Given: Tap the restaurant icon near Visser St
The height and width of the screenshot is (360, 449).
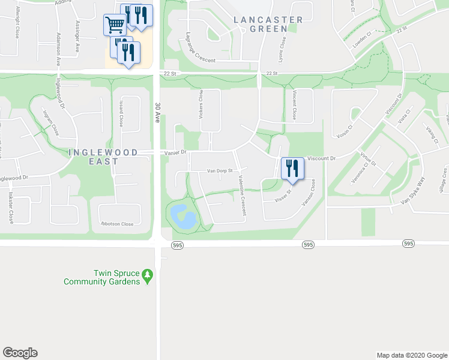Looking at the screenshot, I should click(x=291, y=168).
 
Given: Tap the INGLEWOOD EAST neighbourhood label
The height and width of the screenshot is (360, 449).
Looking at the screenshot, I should click(x=103, y=157).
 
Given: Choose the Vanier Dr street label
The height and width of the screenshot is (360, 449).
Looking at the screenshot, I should click(x=175, y=152).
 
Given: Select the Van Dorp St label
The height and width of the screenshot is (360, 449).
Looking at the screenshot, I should click(x=219, y=171).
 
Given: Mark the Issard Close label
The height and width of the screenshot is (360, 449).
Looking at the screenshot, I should click(x=121, y=113).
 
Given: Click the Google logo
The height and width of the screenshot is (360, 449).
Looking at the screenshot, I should click(x=20, y=353).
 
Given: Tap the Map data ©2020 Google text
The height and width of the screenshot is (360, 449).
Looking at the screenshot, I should click(x=411, y=355).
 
